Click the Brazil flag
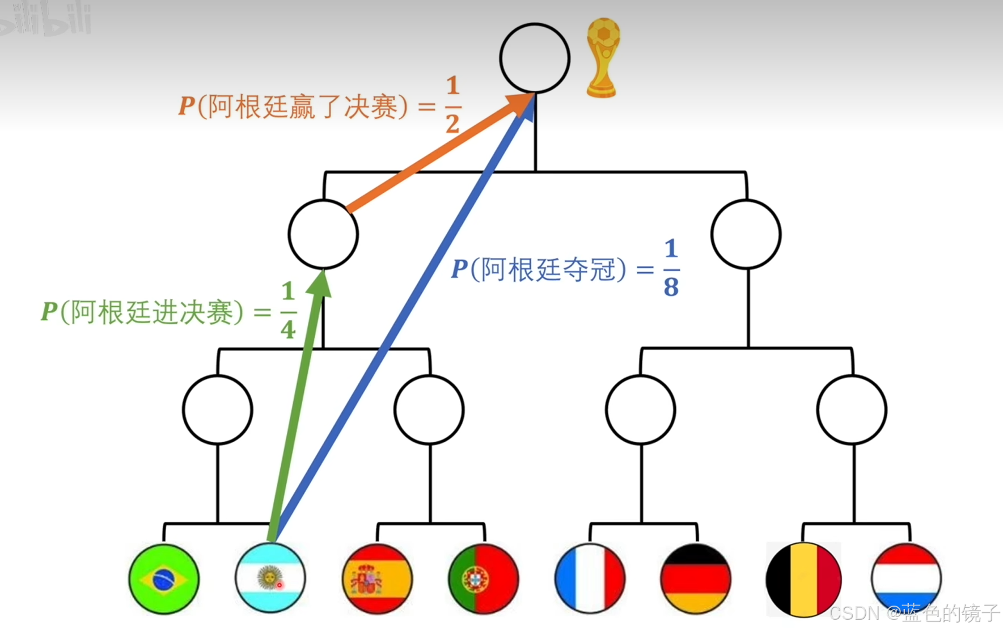tap(164, 579)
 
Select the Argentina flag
tap(270, 578)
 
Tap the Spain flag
tap(377, 579)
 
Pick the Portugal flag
tap(484, 579)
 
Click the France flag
tap(590, 579)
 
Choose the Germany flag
tap(696, 579)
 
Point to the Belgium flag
tap(803, 579)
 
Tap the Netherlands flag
tap(906, 579)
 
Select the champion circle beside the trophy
tap(535, 58)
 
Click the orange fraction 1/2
tap(452, 105)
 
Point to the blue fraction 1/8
tap(671, 268)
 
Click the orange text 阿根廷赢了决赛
tap(303, 107)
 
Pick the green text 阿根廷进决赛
tap(152, 312)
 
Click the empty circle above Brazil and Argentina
tap(218, 409)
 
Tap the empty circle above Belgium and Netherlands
tap(852, 409)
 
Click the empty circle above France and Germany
tap(641, 409)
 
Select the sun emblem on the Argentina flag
tap(269, 578)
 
